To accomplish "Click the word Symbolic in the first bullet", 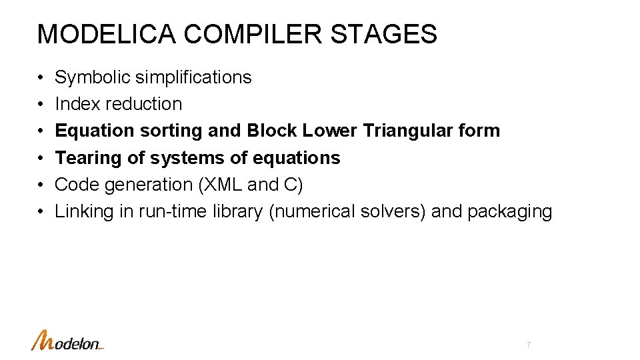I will coord(93,77).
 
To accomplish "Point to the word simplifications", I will coord(193,77).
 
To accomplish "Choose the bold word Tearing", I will coord(84,158).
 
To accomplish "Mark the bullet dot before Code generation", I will coord(41,185).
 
